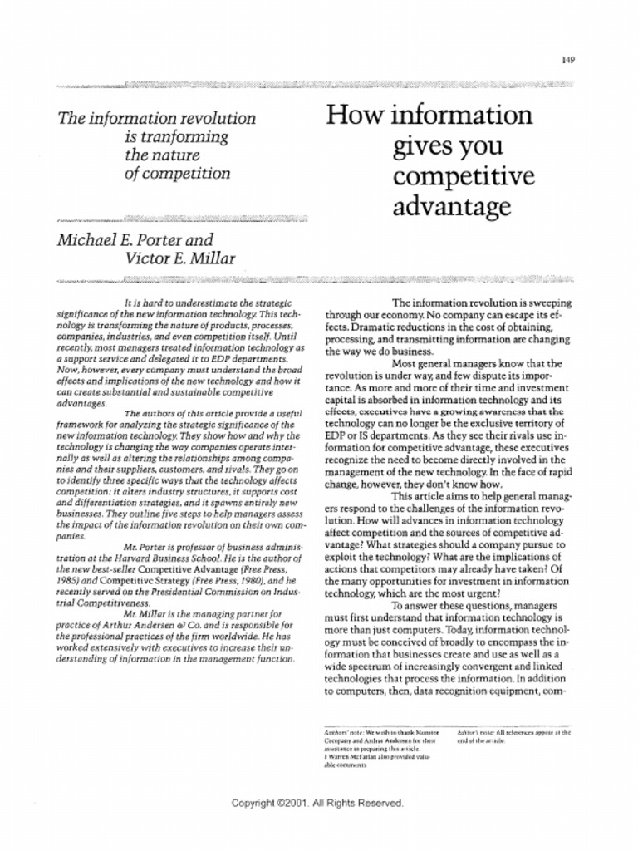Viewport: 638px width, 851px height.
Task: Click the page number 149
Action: (x=568, y=59)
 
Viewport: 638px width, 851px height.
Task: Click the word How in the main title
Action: (x=353, y=115)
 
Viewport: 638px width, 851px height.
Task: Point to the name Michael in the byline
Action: (x=86, y=241)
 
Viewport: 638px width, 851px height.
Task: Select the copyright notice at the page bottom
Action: (x=318, y=803)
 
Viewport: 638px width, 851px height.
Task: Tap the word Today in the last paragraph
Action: (x=460, y=631)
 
